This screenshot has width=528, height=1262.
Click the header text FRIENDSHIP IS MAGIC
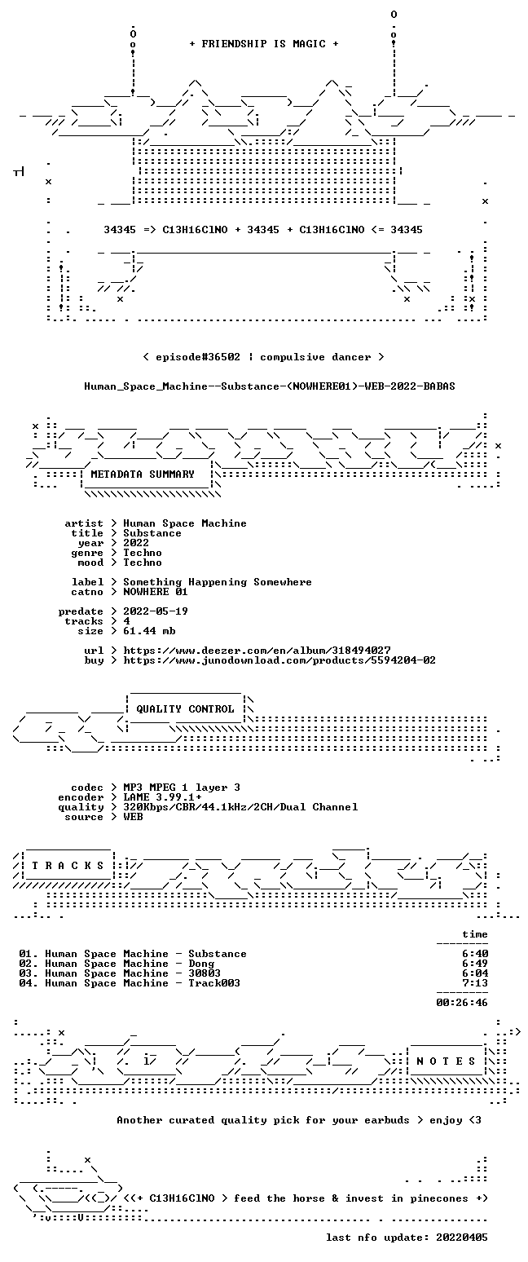pyautogui.click(x=264, y=44)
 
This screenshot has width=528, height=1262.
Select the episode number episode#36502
pyautogui.click(x=197, y=357)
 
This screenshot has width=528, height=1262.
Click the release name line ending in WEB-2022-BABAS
pyautogui.click(x=270, y=386)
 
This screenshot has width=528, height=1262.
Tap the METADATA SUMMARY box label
pyautogui.click(x=143, y=474)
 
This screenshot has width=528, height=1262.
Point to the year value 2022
pyautogui.click(x=136, y=543)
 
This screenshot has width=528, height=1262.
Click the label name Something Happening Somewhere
pyautogui.click(x=218, y=583)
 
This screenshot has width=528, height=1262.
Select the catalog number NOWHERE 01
pyautogui.click(x=156, y=592)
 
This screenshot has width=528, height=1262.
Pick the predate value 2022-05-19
pyautogui.click(x=156, y=612)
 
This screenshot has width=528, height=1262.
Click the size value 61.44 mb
pyautogui.click(x=149, y=632)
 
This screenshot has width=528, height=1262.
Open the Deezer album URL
pyautogui.click(x=257, y=651)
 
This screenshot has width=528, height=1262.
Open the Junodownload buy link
pyautogui.click(x=279, y=661)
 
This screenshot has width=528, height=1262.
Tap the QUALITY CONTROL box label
pyautogui.click(x=185, y=709)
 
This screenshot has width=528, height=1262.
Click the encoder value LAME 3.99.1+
pyautogui.click(x=162, y=798)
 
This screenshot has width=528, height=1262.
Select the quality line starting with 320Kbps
pyautogui.click(x=240, y=807)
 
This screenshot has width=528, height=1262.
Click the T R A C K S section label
pyautogui.click(x=68, y=866)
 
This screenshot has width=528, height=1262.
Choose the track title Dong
pyautogui.click(x=201, y=964)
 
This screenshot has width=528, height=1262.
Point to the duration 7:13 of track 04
pyautogui.click(x=475, y=983)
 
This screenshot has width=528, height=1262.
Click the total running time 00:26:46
pyautogui.click(x=461, y=1003)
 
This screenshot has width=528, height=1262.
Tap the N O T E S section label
pyautogui.click(x=446, y=1061)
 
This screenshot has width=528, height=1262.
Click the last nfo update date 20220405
pyautogui.click(x=461, y=1238)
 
